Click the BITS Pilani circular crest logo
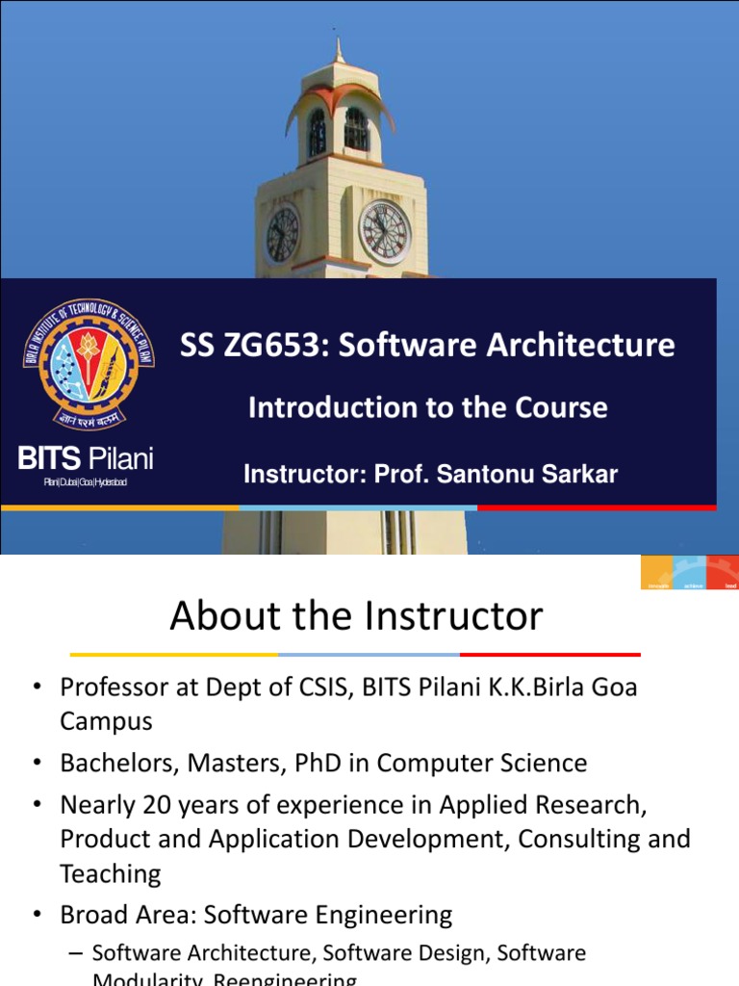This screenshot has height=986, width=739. point(87,364)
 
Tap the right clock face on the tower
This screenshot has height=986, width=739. point(384,232)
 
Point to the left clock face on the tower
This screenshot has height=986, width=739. point(283,234)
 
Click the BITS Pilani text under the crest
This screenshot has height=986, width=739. point(86,458)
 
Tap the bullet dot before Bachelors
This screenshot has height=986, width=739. point(38,764)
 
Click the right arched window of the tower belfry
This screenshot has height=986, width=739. point(355,129)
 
